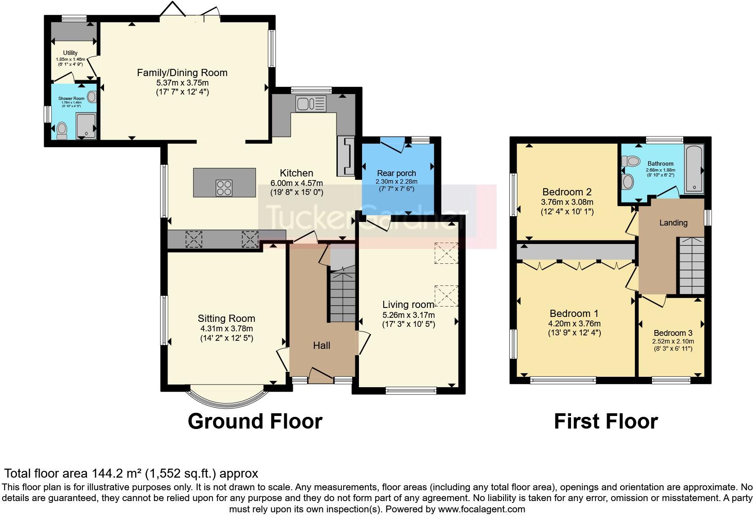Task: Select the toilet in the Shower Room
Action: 62,130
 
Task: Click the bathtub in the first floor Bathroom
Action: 694,169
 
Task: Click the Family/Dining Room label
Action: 182,72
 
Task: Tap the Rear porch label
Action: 396,173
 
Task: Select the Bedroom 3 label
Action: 673,333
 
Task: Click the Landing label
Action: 673,222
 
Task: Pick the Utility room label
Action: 70,53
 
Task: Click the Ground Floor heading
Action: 255,421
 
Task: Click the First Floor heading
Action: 606,421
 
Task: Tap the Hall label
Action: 322,345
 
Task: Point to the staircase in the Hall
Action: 343,295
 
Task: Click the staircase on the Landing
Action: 691,266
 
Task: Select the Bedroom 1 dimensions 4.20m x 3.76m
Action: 574,323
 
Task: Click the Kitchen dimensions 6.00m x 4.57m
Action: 296,183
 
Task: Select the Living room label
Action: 408,305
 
